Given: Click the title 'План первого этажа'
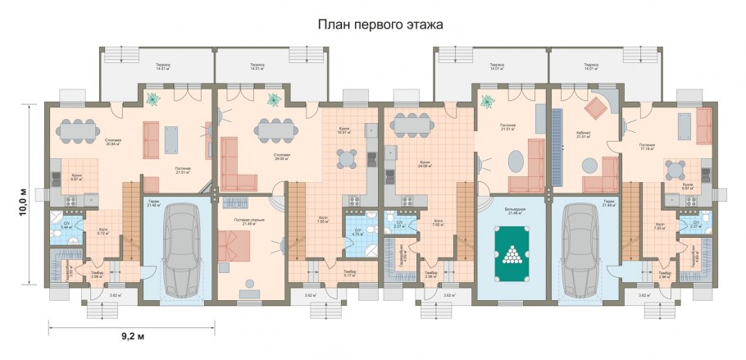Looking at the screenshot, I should (x=380, y=25).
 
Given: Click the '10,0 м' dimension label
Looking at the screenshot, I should (x=23, y=194).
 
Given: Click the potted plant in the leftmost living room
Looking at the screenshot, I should (x=153, y=98).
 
